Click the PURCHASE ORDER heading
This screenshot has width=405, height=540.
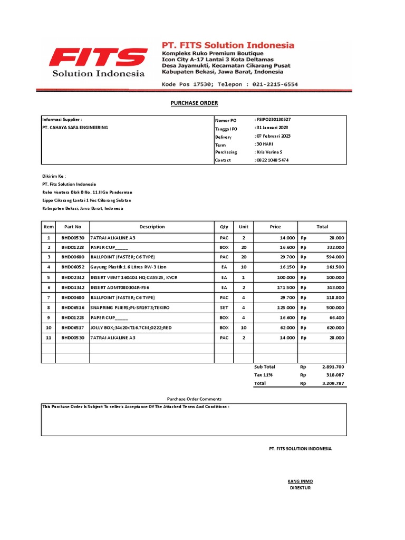click(x=194, y=103)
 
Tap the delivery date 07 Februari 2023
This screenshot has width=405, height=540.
click(x=273, y=136)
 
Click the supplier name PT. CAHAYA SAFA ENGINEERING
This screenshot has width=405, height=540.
click(x=75, y=128)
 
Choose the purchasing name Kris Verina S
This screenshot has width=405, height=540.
click(x=271, y=152)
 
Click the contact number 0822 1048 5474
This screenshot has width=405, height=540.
click(x=272, y=160)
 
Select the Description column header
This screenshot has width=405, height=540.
click(x=152, y=227)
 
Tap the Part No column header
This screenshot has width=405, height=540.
click(x=73, y=227)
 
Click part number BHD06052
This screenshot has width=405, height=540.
click(x=73, y=267)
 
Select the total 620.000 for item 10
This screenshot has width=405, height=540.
click(x=334, y=327)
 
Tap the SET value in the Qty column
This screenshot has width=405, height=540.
click(x=224, y=307)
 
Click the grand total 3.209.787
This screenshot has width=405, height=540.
click(x=333, y=383)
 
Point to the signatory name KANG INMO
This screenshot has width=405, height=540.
click(x=300, y=481)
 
